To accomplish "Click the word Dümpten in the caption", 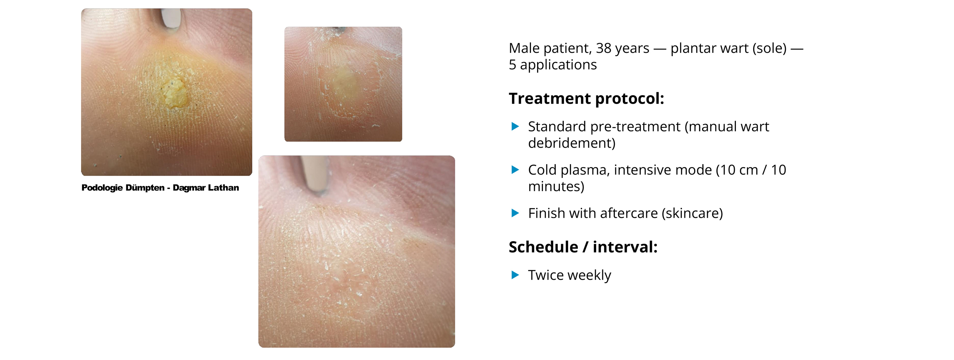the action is tap(145, 188).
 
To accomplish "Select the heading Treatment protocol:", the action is tap(586, 99).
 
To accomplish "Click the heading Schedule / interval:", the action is tap(583, 247).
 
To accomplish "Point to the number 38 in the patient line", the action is tap(603, 48).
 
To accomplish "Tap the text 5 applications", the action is tap(553, 65).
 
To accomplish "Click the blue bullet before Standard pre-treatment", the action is tap(515, 126).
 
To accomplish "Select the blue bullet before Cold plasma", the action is tap(515, 170).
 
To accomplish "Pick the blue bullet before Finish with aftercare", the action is tap(515, 213).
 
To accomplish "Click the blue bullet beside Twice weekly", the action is tap(515, 275).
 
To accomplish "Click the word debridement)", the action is tap(571, 143).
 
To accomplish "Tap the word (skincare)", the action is tap(692, 213).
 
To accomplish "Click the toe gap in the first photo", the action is tap(171, 18).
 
